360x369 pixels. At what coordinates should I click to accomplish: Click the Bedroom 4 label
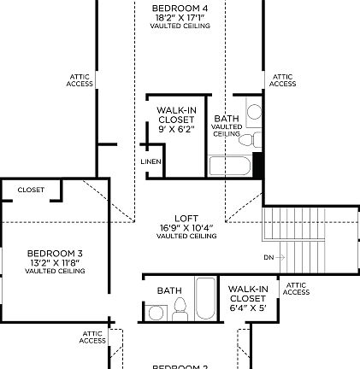point(180,9)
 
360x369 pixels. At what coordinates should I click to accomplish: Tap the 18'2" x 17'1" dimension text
point(180,17)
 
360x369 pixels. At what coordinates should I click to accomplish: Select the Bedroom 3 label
point(55,254)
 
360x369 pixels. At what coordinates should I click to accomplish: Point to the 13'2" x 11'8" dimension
point(55,262)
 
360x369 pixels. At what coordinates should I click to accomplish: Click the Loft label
point(186,220)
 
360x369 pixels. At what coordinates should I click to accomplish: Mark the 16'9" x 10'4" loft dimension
point(186,228)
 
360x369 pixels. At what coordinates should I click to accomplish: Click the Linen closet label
point(150,161)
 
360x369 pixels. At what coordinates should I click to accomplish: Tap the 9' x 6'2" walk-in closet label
point(176,129)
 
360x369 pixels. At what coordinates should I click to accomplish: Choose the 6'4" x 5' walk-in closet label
point(247,307)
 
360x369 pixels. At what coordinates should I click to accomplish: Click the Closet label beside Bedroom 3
point(31,190)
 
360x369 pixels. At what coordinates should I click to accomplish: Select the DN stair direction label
point(269,257)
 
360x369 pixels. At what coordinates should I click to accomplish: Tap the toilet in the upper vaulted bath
point(247,139)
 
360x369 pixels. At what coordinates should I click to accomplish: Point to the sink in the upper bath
point(253,114)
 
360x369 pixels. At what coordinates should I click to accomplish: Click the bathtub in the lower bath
point(205,299)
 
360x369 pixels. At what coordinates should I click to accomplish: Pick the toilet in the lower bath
point(180,308)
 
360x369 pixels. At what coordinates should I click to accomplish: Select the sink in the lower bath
point(156,313)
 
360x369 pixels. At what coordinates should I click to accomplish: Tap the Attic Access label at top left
point(80,80)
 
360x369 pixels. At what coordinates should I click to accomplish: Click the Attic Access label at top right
point(282,80)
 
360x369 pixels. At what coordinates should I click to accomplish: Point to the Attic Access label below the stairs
point(296,289)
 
